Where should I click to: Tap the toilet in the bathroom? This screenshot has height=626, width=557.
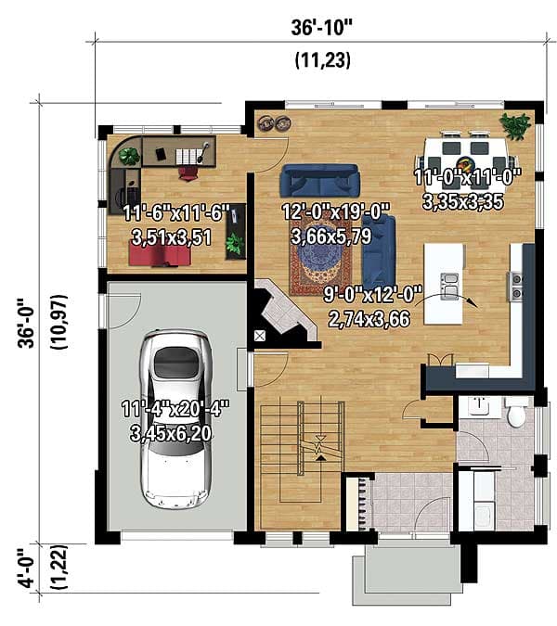click(516, 413)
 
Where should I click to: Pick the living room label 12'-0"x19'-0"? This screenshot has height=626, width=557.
click(335, 212)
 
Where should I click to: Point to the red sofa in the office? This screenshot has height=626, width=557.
click(161, 253)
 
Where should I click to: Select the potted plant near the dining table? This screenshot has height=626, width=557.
click(514, 123)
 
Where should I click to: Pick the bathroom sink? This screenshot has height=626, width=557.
click(479, 405)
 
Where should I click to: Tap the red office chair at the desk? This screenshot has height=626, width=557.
click(188, 168)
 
